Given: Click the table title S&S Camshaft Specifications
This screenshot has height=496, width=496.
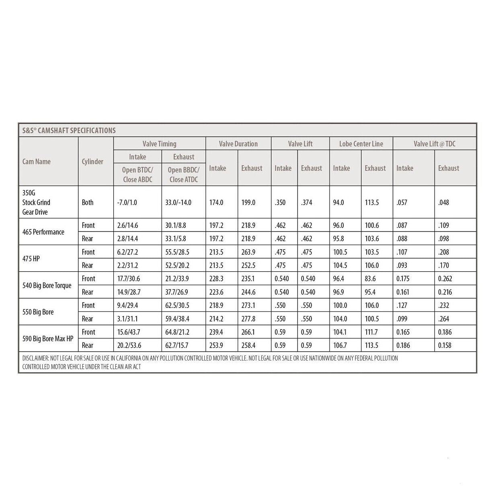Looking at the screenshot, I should pyautogui.click(x=69, y=130).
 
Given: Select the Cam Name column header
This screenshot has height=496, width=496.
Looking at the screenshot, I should pyautogui.click(x=37, y=162).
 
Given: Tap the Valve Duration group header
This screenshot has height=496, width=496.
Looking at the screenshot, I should pyautogui.click(x=238, y=144).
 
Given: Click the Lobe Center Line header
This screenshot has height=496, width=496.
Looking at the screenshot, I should pyautogui.click(x=361, y=144).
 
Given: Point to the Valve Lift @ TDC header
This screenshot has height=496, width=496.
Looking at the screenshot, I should pyautogui.click(x=435, y=144).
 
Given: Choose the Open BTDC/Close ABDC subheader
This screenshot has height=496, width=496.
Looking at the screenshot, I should pyautogui.click(x=137, y=174).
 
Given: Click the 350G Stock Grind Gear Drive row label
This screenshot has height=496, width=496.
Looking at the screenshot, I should pyautogui.click(x=36, y=202).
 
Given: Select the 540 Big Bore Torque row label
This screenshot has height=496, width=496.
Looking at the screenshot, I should pyautogui.click(x=47, y=285).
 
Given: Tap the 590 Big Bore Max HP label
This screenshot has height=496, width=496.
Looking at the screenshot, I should pyautogui.click(x=48, y=338).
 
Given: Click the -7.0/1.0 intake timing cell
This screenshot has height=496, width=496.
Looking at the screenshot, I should pyautogui.click(x=127, y=203).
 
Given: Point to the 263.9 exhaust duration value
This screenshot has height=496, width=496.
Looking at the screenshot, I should pyautogui.click(x=248, y=252).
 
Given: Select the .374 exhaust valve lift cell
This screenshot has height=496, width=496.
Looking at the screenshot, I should pyautogui.click(x=306, y=203).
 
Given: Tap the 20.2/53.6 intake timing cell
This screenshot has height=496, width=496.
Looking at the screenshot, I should pyautogui.click(x=129, y=345).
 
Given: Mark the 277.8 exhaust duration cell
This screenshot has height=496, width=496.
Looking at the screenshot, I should pyautogui.click(x=248, y=319).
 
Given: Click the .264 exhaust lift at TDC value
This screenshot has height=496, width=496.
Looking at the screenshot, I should pyautogui.click(x=444, y=319).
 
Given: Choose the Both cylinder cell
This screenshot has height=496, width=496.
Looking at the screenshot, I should pyautogui.click(x=88, y=203).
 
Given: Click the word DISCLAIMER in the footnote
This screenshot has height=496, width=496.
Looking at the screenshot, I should pyautogui.click(x=35, y=358).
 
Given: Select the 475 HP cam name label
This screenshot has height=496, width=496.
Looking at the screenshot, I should pyautogui.click(x=31, y=258).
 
